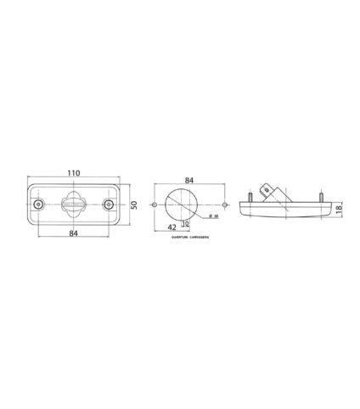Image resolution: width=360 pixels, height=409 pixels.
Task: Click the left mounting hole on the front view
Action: click(x=37, y=206)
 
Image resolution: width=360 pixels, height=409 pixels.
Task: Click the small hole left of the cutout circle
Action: click(x=152, y=206)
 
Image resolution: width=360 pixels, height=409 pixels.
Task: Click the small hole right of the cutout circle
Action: click(x=222, y=206)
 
